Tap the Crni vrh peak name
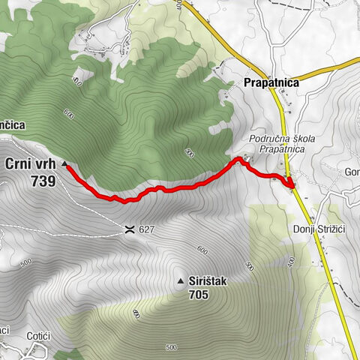click(x=31, y=163)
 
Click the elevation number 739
click(x=43, y=181)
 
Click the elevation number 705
click(x=199, y=295)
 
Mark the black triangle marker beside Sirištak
click(x=180, y=281)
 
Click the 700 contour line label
click(x=189, y=153)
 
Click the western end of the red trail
click(x=67, y=166)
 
